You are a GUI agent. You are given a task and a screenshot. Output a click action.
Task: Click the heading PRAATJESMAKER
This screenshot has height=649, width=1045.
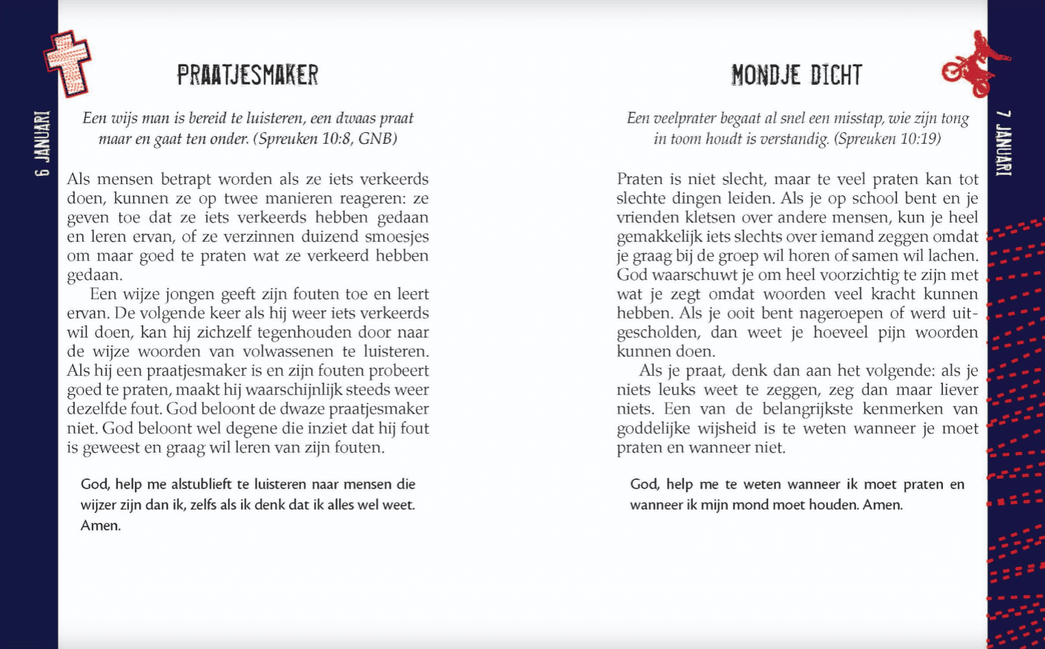(x=247, y=75)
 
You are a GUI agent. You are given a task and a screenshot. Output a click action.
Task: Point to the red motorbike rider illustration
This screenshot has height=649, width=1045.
(x=975, y=64)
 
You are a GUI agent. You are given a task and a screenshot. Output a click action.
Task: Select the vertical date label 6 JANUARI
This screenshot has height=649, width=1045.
(x=42, y=144)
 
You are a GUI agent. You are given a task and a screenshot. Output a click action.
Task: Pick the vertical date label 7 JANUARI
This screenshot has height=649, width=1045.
(x=1003, y=143)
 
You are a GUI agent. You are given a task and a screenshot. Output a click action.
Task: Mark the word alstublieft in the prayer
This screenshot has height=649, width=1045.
(x=201, y=485)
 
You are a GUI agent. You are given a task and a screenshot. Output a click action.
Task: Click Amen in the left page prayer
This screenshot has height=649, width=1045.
(x=100, y=526)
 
